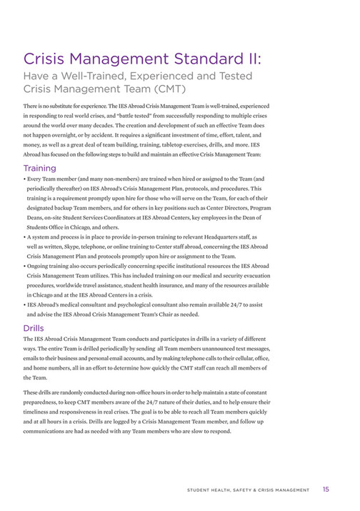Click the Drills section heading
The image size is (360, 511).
pos(34,327)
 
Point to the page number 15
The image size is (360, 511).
pos(326,490)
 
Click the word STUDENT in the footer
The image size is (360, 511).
pos(201,490)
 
